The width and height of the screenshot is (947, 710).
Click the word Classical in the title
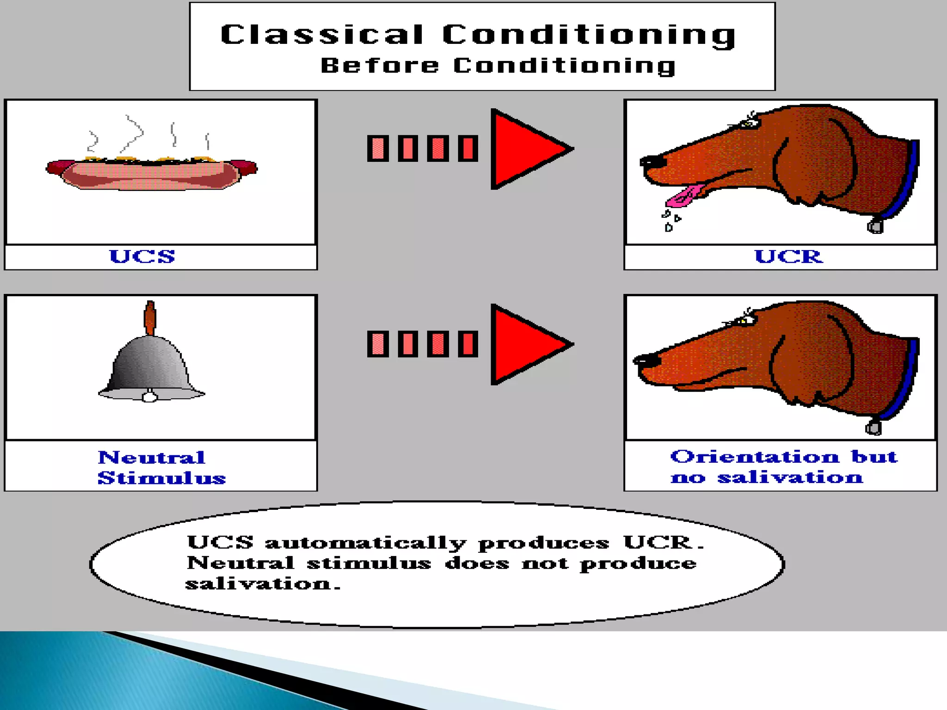(x=322, y=35)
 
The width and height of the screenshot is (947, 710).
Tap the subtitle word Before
(x=379, y=66)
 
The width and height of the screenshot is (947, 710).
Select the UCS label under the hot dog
(x=142, y=257)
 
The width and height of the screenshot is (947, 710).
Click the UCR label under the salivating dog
(x=788, y=257)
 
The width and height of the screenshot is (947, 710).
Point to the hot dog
(x=152, y=175)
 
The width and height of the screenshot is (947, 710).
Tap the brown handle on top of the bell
(x=150, y=318)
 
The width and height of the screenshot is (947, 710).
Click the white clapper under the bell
(x=149, y=396)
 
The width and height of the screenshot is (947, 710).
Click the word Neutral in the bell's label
(x=152, y=458)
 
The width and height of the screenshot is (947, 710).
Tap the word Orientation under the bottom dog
(x=755, y=457)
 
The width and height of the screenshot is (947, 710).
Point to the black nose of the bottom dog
(x=643, y=359)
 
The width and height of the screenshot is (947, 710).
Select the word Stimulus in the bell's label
(x=161, y=478)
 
